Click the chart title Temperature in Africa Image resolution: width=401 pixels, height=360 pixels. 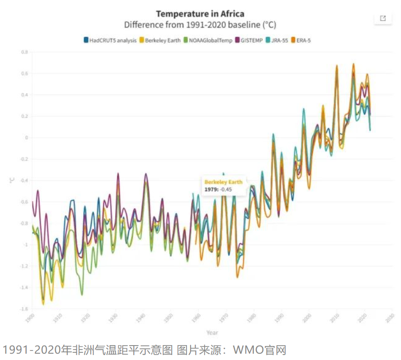[x=200, y=14]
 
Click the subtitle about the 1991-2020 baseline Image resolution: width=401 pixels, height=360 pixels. [x=200, y=24]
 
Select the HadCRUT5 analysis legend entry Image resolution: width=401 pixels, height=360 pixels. [x=110, y=40]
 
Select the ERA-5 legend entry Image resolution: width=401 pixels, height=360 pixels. [x=301, y=40]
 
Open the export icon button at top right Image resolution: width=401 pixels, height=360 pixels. [x=383, y=18]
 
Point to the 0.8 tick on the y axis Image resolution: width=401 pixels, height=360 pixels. [x=25, y=52]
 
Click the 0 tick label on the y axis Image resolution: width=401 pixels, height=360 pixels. [x=26, y=138]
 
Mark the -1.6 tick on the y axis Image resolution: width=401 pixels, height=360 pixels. [x=24, y=309]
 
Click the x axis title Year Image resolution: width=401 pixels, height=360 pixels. [x=212, y=333]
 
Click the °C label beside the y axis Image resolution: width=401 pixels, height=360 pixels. [x=12, y=181]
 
